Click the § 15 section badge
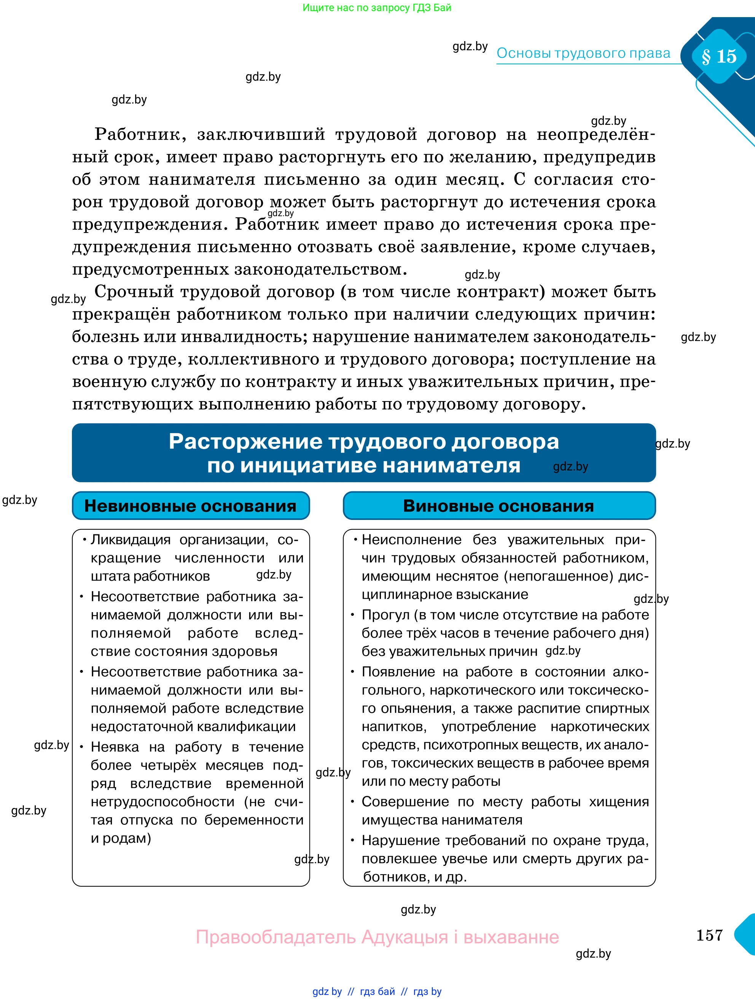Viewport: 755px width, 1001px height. pos(719,56)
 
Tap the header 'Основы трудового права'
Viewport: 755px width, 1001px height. pos(583,53)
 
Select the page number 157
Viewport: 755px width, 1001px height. pos(709,935)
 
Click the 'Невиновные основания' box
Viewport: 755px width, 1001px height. pos(190,505)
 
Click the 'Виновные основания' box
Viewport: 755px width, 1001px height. pos(499,505)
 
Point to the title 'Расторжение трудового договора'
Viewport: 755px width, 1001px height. pos(364,442)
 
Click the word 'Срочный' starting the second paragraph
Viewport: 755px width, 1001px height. pos(134,292)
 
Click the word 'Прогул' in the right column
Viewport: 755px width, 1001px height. pos(385,615)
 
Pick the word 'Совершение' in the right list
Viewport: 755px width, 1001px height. pos(405,802)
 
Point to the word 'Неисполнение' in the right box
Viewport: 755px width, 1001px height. pos(411,539)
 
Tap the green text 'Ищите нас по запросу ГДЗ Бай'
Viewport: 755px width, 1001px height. pos(376,8)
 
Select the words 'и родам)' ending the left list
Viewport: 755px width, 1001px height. pos(121,838)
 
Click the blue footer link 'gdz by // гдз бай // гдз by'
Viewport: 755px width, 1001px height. pos(376,991)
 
